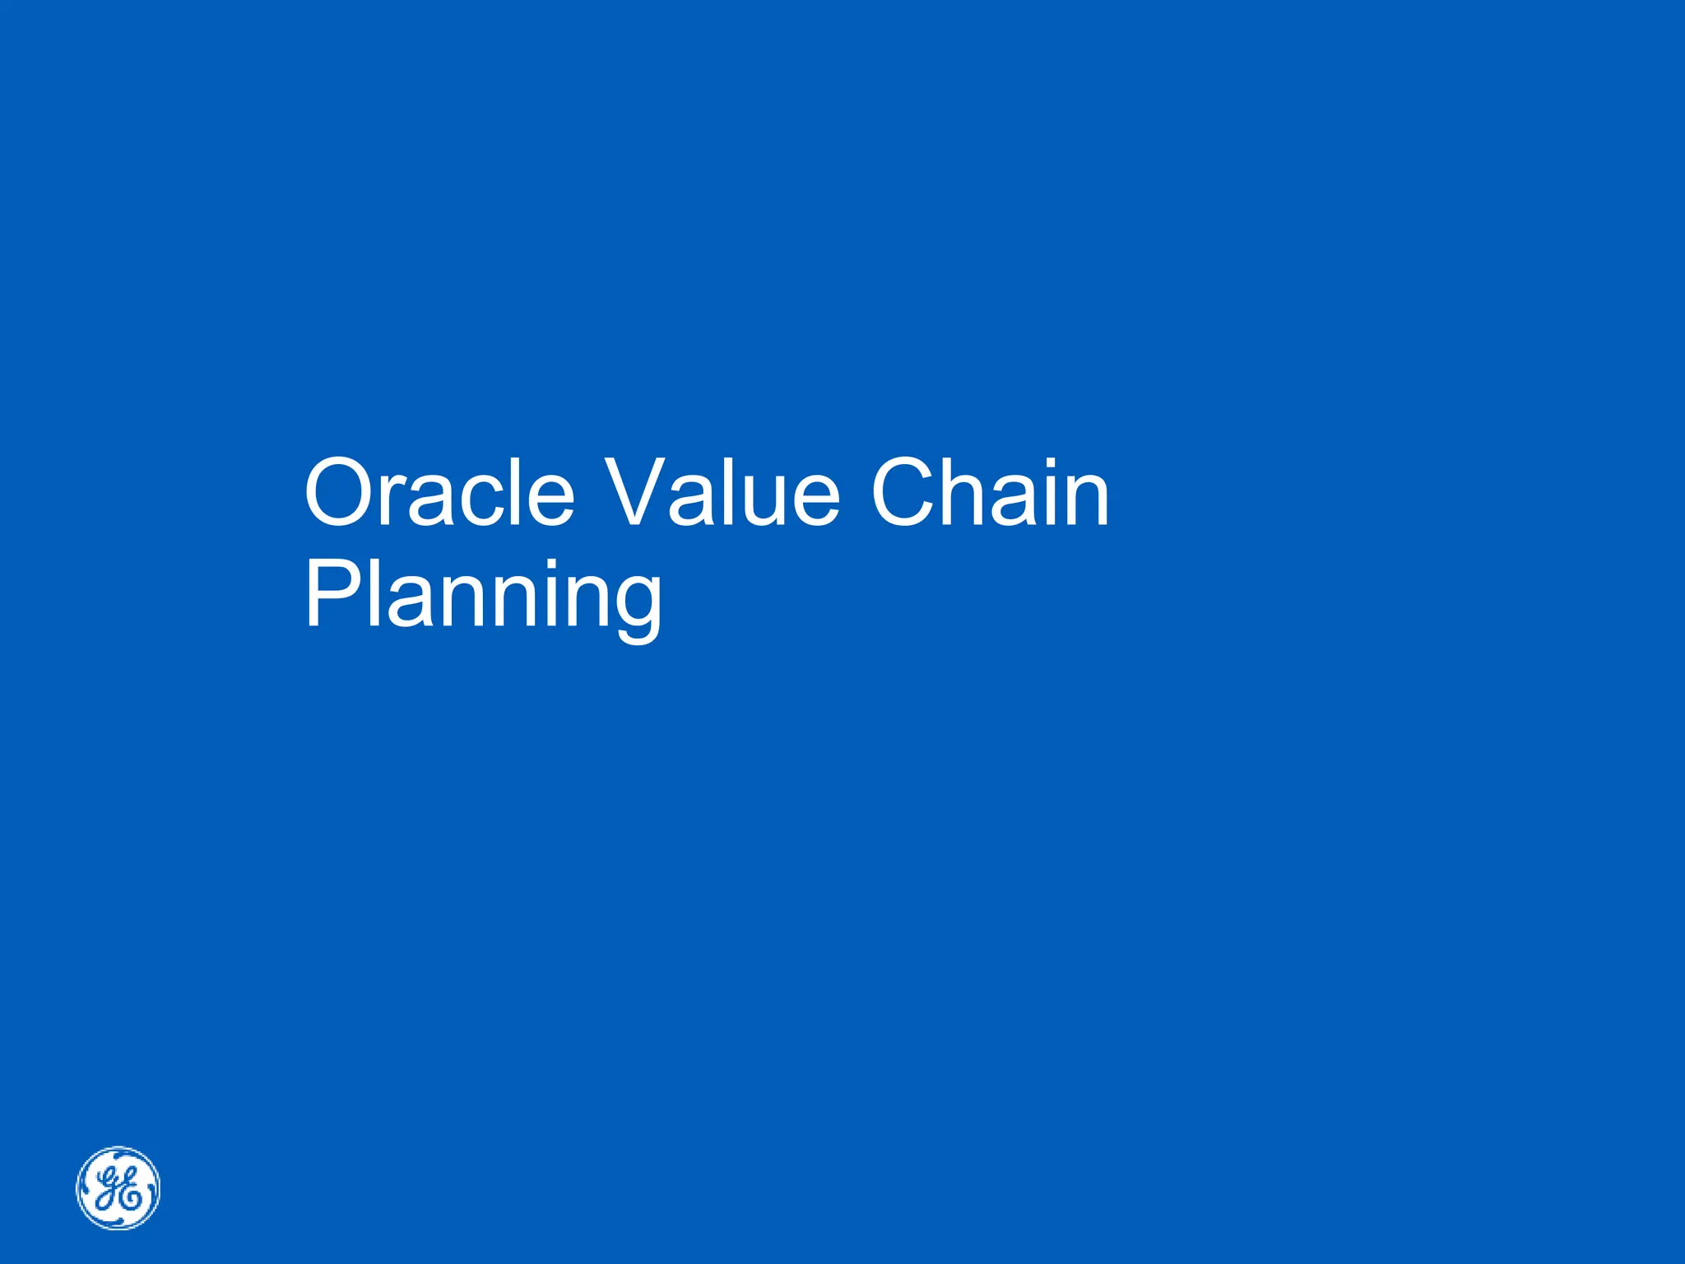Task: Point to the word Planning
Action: click(x=483, y=594)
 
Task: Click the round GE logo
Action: click(x=118, y=1187)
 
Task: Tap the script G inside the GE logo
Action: click(x=109, y=1184)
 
